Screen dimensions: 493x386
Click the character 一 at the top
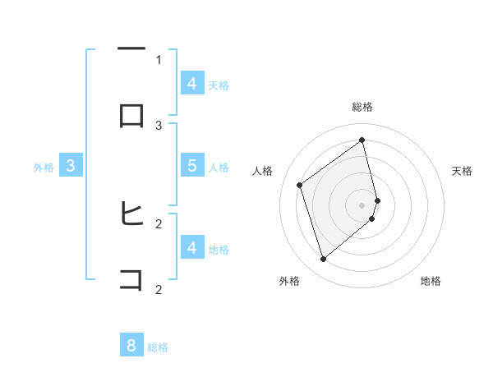(131, 50)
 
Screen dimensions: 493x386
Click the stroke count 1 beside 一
(159, 59)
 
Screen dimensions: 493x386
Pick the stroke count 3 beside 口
(159, 125)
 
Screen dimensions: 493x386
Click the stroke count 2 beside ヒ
(159, 223)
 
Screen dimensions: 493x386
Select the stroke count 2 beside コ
(159, 288)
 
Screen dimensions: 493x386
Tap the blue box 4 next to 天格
(191, 83)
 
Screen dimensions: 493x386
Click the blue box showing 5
(191, 165)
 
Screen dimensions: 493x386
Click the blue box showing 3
(71, 166)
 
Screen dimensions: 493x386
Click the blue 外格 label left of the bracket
(44, 168)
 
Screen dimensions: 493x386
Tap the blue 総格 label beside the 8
(158, 347)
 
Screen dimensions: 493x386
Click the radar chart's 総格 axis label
(362, 107)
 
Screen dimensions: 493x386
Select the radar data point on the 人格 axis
(300, 185)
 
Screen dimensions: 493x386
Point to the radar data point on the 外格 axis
(323, 260)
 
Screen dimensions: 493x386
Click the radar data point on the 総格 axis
(362, 140)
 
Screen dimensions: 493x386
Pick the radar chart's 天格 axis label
(463, 171)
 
